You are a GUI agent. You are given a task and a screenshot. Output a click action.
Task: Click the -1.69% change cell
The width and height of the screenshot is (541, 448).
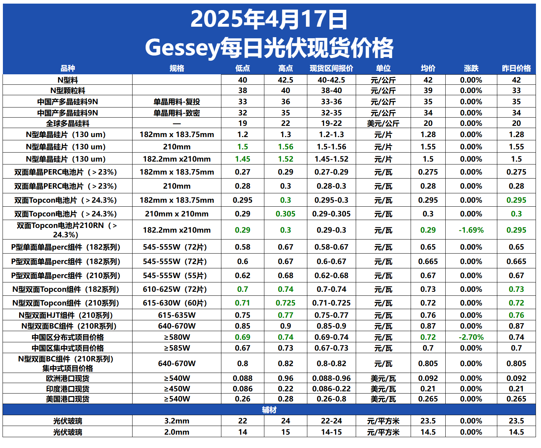pos(471,230)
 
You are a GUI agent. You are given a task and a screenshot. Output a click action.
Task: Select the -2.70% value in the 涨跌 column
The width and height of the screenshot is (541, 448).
pos(471,337)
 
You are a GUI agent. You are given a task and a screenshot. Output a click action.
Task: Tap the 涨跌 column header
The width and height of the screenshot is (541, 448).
pos(471,68)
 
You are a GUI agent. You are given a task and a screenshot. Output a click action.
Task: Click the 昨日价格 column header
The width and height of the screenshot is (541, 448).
pos(516,68)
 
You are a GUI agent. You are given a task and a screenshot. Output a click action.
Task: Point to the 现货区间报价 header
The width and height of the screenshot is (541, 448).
pos(331,68)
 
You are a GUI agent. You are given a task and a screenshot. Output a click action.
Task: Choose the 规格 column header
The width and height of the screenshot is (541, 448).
pos(177,68)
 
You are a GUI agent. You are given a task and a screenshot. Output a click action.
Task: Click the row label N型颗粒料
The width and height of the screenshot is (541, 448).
pos(68,91)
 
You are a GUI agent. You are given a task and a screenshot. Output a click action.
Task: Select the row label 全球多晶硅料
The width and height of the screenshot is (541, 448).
pos(68,123)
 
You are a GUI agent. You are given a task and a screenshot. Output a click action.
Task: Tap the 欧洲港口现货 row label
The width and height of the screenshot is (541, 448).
pos(68,378)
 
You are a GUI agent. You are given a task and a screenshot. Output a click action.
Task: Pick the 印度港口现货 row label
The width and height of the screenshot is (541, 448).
pos(68,389)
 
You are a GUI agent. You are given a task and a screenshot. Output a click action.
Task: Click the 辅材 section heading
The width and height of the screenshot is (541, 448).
pos(269,410)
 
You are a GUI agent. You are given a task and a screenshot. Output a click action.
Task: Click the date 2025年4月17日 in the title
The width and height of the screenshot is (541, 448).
pos(269,19)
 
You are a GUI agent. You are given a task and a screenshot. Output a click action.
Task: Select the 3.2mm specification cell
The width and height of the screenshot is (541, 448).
pos(177,421)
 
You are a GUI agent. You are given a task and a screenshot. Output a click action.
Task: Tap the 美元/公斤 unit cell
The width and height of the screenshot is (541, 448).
pos(383,123)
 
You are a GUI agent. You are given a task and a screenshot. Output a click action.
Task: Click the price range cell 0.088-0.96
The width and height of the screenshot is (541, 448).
pos(331,378)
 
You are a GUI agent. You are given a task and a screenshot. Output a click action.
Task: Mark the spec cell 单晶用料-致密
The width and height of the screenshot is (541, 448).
pos(177,113)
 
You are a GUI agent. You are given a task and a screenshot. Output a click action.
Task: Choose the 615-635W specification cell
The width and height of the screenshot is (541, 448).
pos(177,315)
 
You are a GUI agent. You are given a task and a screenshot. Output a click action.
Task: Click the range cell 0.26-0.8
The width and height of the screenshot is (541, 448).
pos(331,399)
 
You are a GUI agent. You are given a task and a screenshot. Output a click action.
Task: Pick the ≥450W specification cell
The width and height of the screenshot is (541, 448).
pos(177,389)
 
